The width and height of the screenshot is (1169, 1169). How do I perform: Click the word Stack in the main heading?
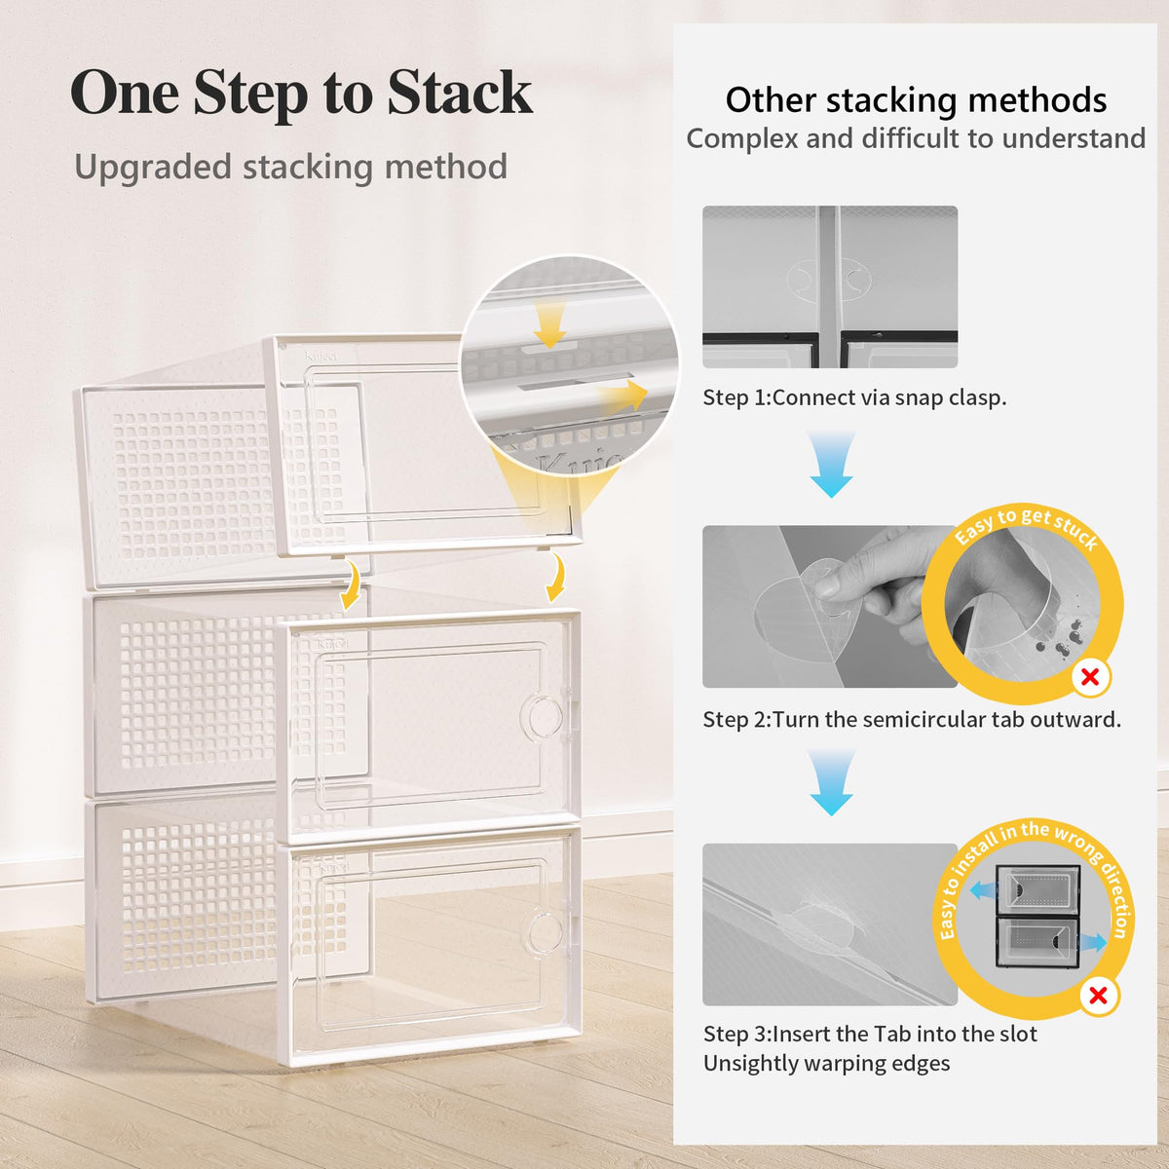click(x=460, y=93)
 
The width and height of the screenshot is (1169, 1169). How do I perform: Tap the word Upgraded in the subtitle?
click(x=152, y=168)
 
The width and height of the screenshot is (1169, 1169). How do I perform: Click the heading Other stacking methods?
click(x=916, y=100)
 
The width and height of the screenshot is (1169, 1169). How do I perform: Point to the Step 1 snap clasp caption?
click(x=854, y=398)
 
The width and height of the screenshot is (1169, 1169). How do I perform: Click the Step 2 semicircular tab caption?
click(x=912, y=720)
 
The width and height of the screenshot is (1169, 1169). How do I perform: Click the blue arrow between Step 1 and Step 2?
click(x=832, y=464)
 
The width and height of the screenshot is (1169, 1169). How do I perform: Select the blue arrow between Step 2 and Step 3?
click(x=832, y=782)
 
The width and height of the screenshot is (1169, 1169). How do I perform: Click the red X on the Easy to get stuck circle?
click(x=1090, y=677)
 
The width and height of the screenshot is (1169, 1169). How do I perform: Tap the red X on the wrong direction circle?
click(x=1098, y=996)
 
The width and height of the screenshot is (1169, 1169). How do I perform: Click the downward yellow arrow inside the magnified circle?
click(x=550, y=325)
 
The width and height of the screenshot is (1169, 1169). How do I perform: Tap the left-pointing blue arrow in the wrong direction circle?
click(x=983, y=890)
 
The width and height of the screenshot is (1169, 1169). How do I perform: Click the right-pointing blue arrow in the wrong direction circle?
click(x=1093, y=943)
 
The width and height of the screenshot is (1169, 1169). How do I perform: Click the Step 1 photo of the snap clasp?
click(x=830, y=287)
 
